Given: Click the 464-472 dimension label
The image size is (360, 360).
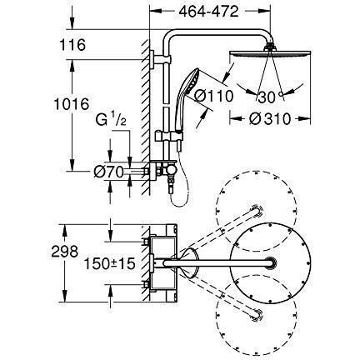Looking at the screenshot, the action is tap(208, 12).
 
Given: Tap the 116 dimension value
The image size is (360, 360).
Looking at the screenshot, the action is tap(72, 45).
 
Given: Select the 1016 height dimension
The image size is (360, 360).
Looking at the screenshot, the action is tap(72, 104).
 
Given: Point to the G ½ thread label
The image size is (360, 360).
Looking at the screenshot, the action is tap(111, 120).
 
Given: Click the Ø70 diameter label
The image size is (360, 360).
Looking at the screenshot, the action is tap(108, 172).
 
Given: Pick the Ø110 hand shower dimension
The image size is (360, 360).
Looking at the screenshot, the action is tap(213, 96).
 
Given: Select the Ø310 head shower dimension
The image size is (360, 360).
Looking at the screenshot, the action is tap(270, 119).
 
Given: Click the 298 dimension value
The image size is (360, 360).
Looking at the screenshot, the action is tap(65, 252).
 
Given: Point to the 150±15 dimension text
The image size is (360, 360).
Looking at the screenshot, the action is tap(110, 263).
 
